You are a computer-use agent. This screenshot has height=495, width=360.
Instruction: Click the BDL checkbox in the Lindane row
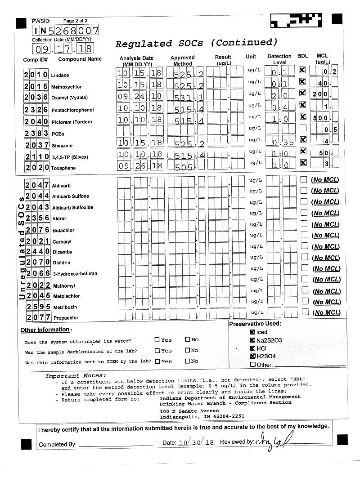point(302,70)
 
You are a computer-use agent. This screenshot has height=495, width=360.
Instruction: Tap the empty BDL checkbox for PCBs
point(302,128)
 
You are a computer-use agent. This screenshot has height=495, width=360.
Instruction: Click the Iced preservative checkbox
point(252,332)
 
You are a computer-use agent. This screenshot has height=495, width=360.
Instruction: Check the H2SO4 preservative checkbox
point(252,357)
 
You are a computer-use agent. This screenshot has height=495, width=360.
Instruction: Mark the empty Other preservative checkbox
point(252,365)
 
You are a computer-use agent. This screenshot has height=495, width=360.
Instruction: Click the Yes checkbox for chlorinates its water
point(157,340)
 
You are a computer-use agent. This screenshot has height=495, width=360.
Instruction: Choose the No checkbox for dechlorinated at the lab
point(188,351)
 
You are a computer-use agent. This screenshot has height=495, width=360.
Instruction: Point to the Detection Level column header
point(279,59)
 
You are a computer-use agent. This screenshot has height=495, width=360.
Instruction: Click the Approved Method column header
point(182,61)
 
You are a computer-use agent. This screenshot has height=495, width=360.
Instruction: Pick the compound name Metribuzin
point(64,307)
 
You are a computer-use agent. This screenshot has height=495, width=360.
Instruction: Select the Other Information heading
point(45,330)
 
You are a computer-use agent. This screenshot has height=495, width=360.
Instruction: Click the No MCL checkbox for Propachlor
point(305,312)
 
